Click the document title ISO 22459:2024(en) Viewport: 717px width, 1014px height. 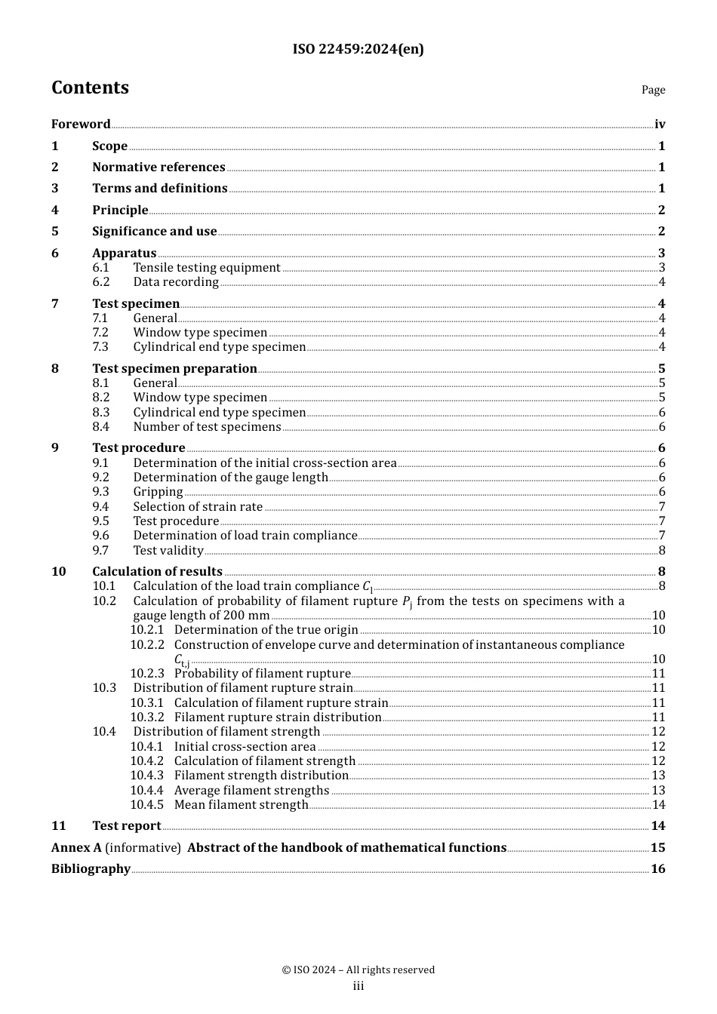[x=358, y=49]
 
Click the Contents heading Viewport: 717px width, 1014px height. [x=90, y=88]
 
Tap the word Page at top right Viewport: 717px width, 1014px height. [x=653, y=90]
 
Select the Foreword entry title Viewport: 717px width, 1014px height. [x=81, y=124]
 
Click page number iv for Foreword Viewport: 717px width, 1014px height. [x=660, y=124]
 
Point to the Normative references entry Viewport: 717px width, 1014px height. [x=158, y=167]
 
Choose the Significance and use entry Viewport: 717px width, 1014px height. [x=155, y=232]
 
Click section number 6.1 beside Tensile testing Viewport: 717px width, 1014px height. [x=101, y=268]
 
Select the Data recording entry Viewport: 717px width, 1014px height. [x=176, y=282]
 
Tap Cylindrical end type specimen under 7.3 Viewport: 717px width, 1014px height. [x=219, y=347]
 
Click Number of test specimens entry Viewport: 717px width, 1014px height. [x=207, y=427]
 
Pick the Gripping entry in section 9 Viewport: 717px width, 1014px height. [x=158, y=492]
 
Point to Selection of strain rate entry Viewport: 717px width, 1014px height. [x=198, y=507]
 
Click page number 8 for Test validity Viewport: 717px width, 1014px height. [x=662, y=551]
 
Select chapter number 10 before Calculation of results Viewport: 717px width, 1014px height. [x=59, y=572]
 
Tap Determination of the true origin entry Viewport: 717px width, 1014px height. [x=266, y=630]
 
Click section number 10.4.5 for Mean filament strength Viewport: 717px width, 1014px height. [x=146, y=805]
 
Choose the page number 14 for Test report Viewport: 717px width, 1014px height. [x=658, y=826]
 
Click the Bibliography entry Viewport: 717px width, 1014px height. [x=91, y=869]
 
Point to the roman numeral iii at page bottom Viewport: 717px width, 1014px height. [x=358, y=986]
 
